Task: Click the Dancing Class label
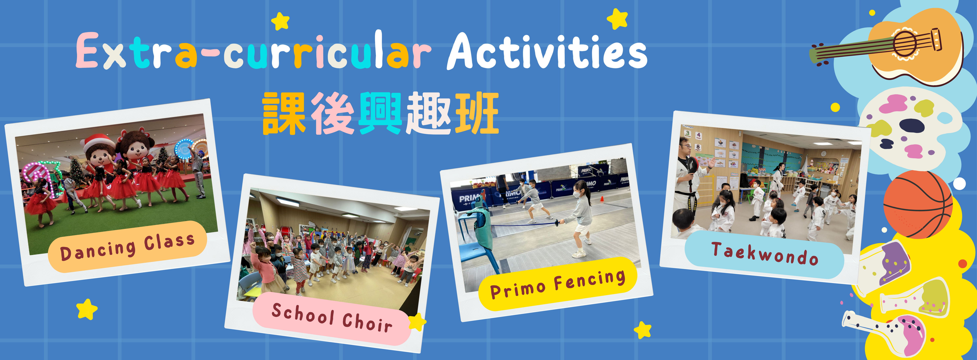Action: pyautogui.click(x=128, y=247)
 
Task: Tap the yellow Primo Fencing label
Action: pyautogui.click(x=558, y=284)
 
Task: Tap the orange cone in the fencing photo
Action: pyautogui.click(x=601, y=198)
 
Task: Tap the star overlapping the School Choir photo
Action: pyautogui.click(x=417, y=322)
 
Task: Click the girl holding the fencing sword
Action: pyautogui.click(x=578, y=218)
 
